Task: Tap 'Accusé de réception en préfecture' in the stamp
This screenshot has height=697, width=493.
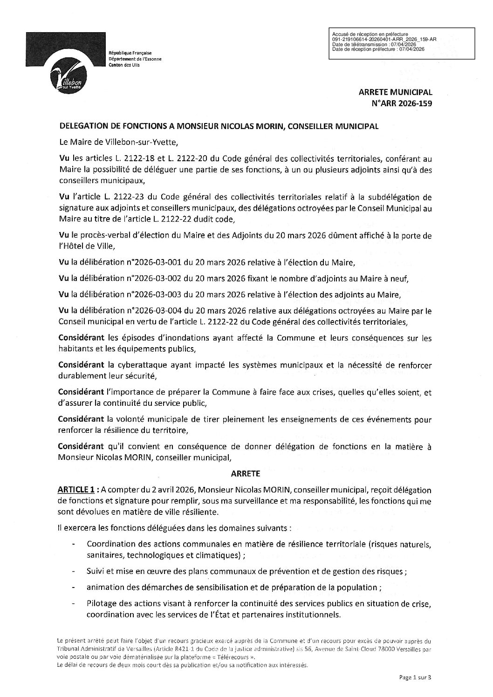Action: (370, 34)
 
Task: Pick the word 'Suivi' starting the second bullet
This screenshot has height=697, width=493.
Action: (95, 572)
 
